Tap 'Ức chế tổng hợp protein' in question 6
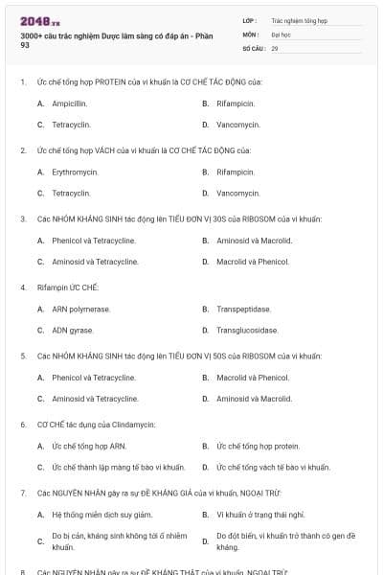[258, 446]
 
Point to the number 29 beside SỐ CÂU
[275, 47]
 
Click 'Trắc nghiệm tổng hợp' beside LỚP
[299, 19]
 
